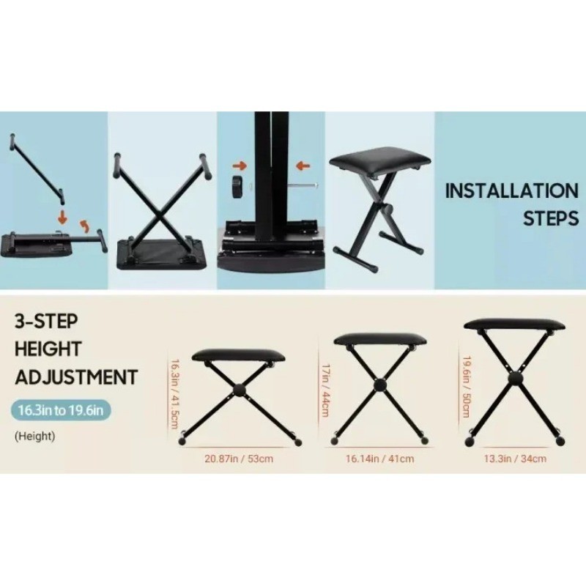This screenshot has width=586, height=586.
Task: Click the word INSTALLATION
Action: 511,190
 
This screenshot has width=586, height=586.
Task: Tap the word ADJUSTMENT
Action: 76,377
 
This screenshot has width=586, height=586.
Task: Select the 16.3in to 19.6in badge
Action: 60,410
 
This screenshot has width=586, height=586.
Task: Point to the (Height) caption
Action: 34,436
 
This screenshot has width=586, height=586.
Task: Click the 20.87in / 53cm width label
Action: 239,459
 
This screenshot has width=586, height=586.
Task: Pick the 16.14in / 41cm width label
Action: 379,459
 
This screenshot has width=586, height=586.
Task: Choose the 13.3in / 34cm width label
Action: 515,459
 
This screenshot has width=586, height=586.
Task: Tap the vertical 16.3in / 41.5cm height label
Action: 175,394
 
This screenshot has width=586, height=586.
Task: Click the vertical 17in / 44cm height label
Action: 325,390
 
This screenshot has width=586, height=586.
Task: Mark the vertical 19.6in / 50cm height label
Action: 467,387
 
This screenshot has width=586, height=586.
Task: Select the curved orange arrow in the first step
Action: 85,226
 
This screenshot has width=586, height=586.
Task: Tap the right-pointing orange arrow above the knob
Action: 240,166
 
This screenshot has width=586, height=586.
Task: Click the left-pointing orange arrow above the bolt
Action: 303,166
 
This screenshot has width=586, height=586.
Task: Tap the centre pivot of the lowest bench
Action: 239,391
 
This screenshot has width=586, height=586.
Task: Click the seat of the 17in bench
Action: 380,339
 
